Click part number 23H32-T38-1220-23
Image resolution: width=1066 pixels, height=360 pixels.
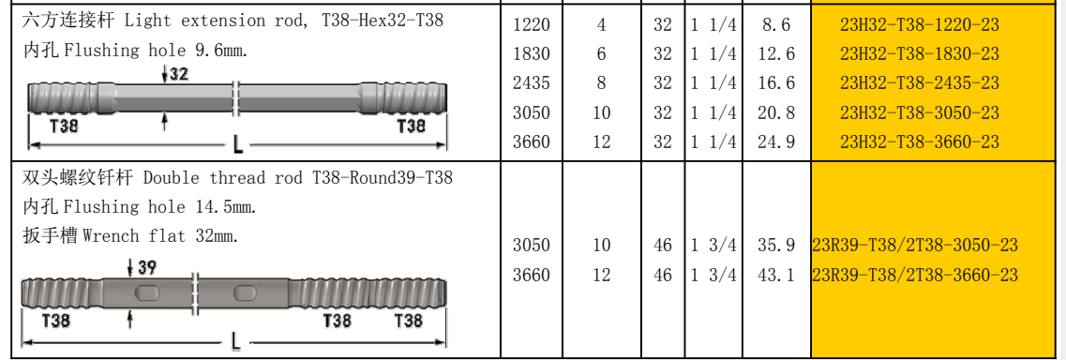[919, 25]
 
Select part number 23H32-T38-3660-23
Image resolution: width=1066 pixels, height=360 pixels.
[919, 142]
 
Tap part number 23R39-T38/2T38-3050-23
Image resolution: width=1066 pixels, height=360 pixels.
[915, 245]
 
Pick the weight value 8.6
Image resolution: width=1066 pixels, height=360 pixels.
[776, 25]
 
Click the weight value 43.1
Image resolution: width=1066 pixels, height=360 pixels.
[776, 275]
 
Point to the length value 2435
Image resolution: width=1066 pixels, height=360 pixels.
[532, 82]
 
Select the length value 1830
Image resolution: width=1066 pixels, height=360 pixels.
[532, 53]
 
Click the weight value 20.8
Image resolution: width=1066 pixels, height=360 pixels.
[776, 112]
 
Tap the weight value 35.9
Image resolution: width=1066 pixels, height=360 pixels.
[776, 245]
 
